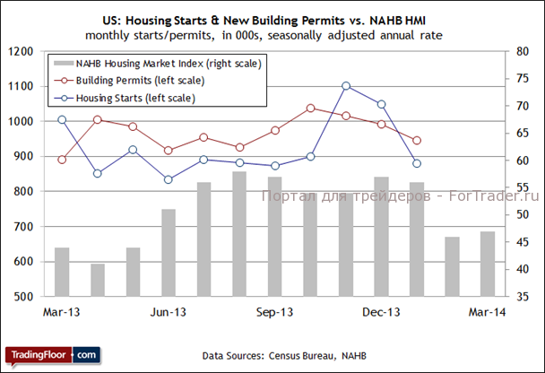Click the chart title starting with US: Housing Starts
click(x=270, y=19)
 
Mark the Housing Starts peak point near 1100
click(x=346, y=86)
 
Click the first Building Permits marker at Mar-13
click(x=62, y=160)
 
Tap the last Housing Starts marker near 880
click(x=417, y=163)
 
